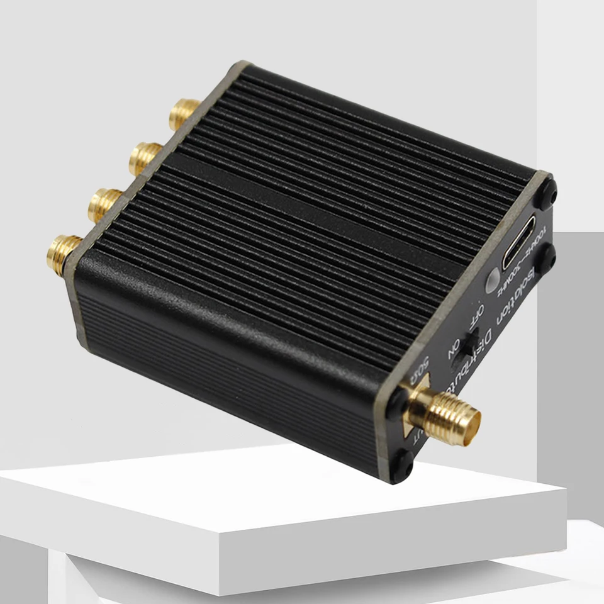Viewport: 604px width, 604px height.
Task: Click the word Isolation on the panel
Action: pos(507,305)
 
